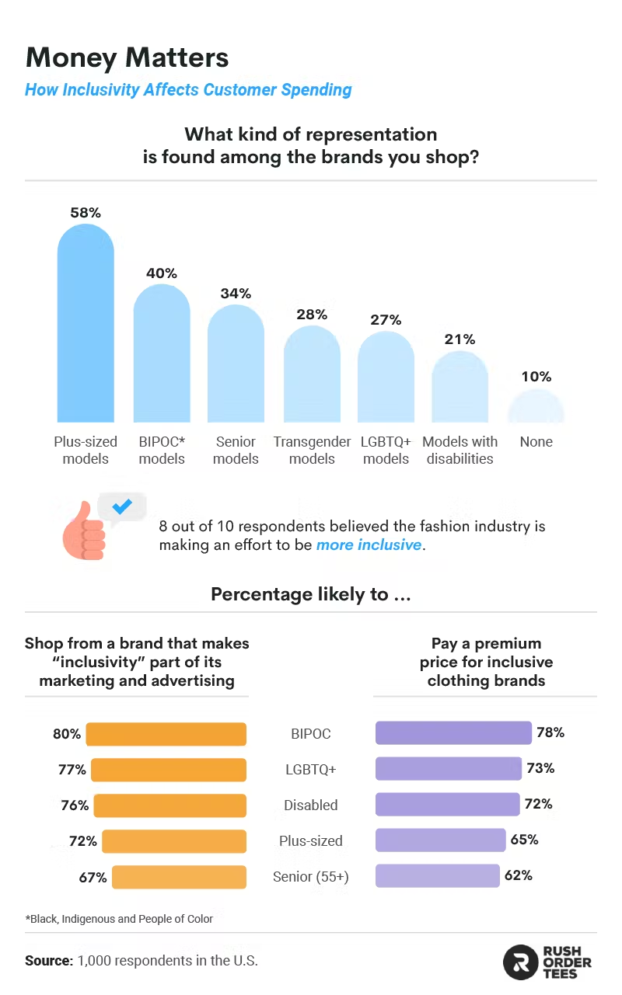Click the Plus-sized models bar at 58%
86,326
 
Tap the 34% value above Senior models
236,294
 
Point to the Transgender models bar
311,377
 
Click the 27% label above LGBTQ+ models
386,320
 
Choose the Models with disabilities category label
460,451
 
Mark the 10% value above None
536,377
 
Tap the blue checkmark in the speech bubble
122,507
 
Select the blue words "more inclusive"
369,545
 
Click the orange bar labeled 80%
166,734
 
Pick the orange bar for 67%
179,877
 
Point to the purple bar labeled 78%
453,733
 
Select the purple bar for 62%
437,876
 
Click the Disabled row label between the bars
311,805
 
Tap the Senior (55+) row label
311,877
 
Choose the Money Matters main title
128,57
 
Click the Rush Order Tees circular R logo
520,962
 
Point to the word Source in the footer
48,961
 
